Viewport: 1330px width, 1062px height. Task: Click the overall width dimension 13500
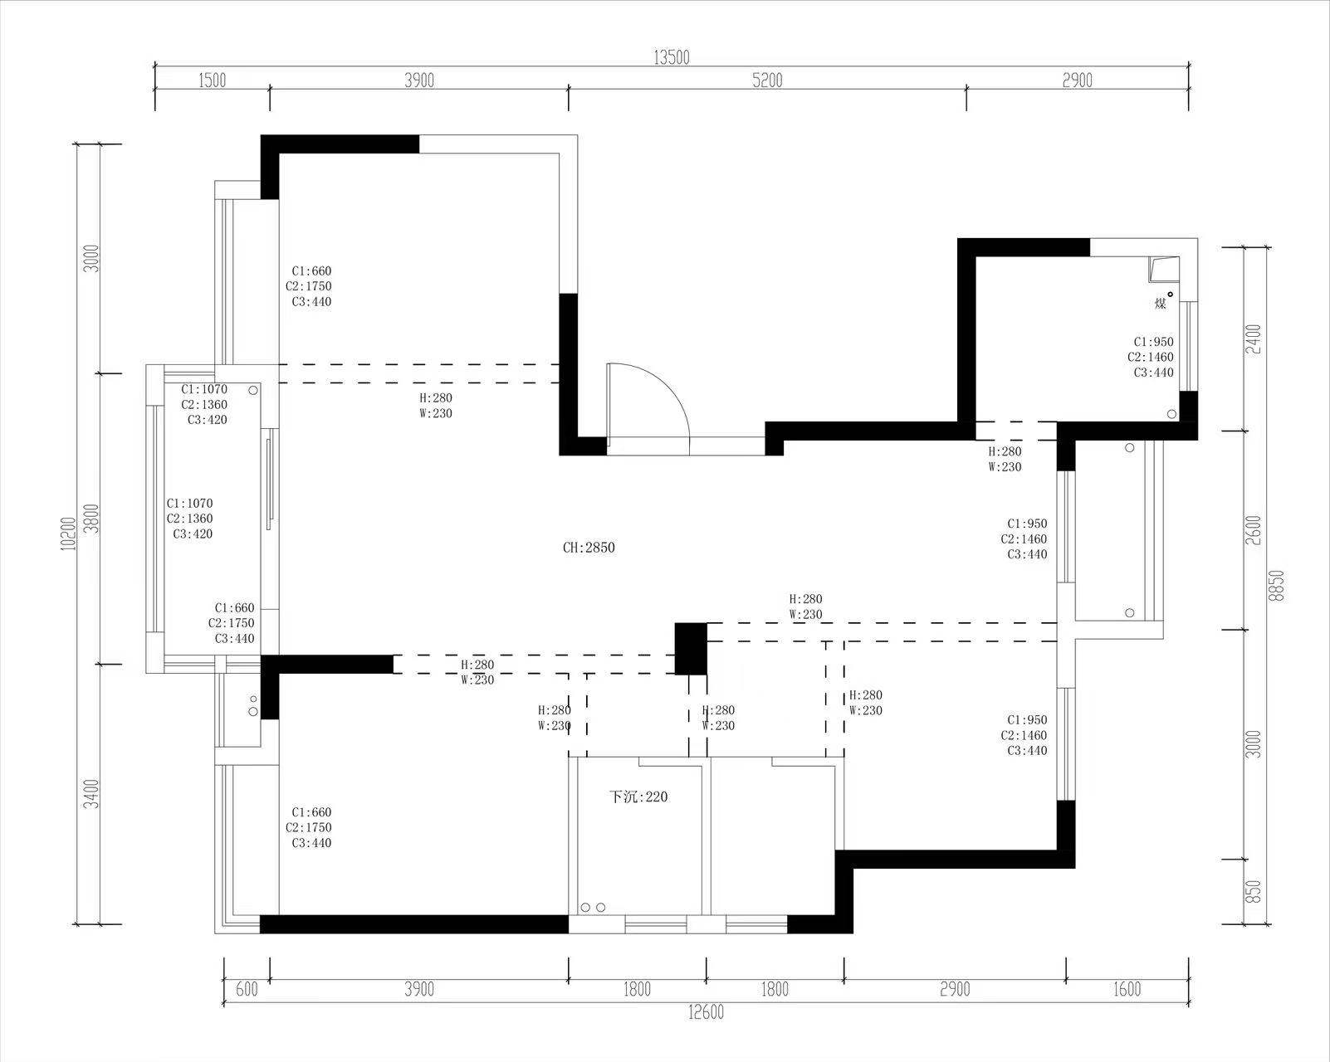671,57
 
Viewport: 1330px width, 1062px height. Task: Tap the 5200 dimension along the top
767,80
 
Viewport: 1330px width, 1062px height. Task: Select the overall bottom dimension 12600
706,1012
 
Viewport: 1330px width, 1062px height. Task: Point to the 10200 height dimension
68,533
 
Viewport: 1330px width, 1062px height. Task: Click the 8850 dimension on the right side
1275,585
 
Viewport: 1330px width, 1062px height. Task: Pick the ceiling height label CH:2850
589,548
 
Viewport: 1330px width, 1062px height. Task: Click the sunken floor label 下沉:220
638,797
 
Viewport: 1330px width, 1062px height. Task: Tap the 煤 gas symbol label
1160,304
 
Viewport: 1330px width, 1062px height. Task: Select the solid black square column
691,649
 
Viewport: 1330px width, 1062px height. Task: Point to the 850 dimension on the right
1253,891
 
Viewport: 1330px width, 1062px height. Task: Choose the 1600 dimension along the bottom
1127,989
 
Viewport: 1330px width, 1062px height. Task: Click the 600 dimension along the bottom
247,989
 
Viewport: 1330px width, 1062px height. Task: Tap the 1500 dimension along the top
212,80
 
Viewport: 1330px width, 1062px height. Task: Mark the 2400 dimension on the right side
1253,339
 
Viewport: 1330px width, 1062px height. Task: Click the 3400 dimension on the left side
91,794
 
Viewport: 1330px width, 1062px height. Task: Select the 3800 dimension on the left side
91,519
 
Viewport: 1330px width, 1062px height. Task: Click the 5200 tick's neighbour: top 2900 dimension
1078,80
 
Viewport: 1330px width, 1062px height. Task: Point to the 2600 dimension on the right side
1253,530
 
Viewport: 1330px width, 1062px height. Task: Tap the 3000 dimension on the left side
91,258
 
